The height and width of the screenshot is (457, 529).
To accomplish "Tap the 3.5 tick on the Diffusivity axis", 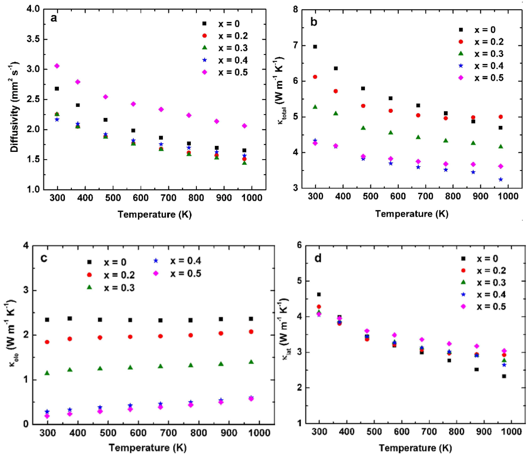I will coord(33,39).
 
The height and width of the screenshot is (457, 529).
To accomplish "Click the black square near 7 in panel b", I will coord(315,47).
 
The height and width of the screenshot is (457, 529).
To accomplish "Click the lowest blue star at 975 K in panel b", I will coord(501,180).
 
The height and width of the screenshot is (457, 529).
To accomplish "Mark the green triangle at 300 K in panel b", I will coord(315,107).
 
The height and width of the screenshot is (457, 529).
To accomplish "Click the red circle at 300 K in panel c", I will coord(47,342).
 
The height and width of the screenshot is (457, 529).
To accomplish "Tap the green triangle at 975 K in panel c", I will coord(251,362).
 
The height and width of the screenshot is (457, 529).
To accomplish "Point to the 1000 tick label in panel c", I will coord(259,433).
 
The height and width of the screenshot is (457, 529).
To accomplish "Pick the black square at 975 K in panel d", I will coord(504,376).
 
